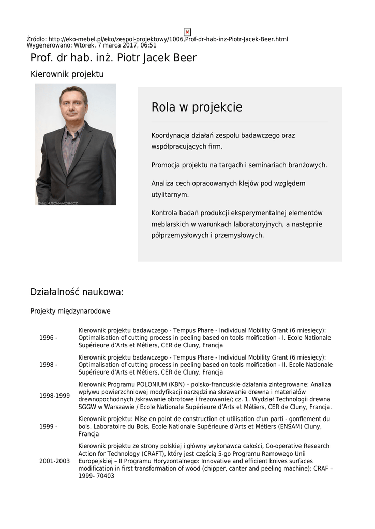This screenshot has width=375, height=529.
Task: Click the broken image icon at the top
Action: [x=187, y=32]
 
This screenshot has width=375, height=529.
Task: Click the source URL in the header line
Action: [x=168, y=39]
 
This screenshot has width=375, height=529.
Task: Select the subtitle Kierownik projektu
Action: [x=67, y=74]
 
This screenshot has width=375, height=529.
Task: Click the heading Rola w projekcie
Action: [x=197, y=107]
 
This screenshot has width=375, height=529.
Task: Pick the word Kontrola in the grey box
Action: [x=164, y=213]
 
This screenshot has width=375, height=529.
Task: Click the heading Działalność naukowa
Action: [x=77, y=292]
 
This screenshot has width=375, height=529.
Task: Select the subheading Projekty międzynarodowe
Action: [x=70, y=311]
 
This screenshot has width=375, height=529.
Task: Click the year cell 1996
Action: [x=48, y=338]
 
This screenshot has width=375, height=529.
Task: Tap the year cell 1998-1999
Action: [x=54, y=396]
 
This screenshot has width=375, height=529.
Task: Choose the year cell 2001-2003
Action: [x=54, y=461]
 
